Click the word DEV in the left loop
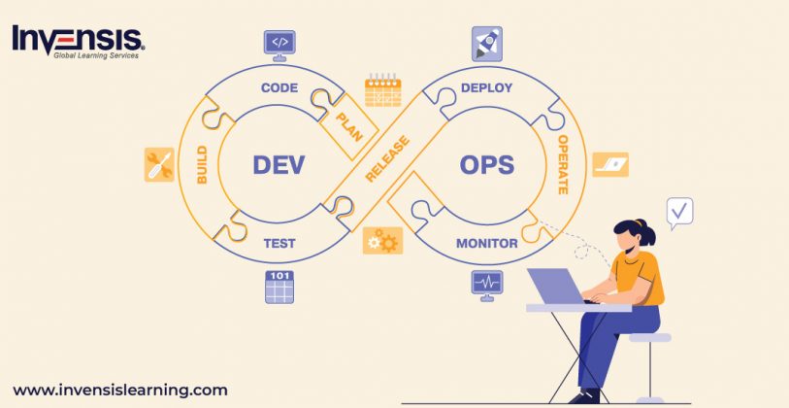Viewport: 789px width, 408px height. [x=279, y=164]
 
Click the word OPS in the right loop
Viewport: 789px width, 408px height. [x=487, y=164]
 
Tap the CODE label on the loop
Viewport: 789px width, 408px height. [x=279, y=88]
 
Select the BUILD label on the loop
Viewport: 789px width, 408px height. [x=202, y=165]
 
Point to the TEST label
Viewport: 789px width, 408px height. [x=279, y=243]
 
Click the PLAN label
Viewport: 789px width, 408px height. [x=348, y=126]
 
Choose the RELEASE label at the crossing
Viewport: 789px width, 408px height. [x=388, y=159]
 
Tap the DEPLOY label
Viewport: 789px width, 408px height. [x=486, y=88]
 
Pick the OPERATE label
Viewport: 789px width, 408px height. [x=562, y=165]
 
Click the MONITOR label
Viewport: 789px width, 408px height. [x=486, y=243]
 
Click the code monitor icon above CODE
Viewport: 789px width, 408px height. [x=279, y=43]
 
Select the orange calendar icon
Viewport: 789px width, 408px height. [x=382, y=90]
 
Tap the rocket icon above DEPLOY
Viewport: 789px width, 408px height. [x=486, y=44]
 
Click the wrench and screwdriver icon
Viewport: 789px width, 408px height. [x=159, y=164]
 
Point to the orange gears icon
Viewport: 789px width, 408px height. [x=382, y=240]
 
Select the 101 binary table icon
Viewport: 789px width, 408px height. [x=279, y=287]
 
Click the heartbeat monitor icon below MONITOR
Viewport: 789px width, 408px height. [x=486, y=284]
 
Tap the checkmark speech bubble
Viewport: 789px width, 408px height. [x=680, y=211]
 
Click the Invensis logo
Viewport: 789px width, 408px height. [x=78, y=41]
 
